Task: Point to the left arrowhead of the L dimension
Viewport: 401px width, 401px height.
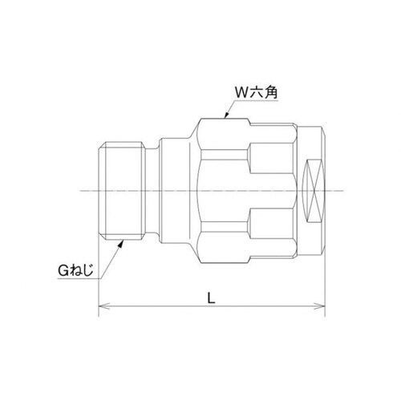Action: tap(101, 306)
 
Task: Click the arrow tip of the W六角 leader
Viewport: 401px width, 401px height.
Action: tap(225, 119)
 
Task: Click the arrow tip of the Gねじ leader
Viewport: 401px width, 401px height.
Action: tap(122, 238)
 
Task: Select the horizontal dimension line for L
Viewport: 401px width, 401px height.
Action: tap(160, 306)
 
